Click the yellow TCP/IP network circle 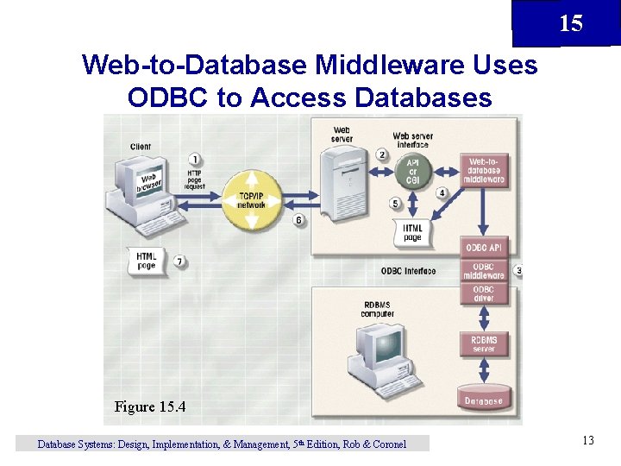pos(251,201)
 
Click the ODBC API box pos(484,248)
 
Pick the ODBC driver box pos(484,293)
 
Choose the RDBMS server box pos(484,344)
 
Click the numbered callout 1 pos(196,159)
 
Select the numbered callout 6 pos(298,220)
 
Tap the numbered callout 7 pos(179,261)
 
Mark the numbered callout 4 pos(442,192)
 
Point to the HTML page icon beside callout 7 pos(147,260)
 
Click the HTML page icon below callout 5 pos(412,232)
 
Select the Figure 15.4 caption pos(150,406)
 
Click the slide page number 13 pos(587,441)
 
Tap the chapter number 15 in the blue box pos(570,23)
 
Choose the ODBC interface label pos(408,271)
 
